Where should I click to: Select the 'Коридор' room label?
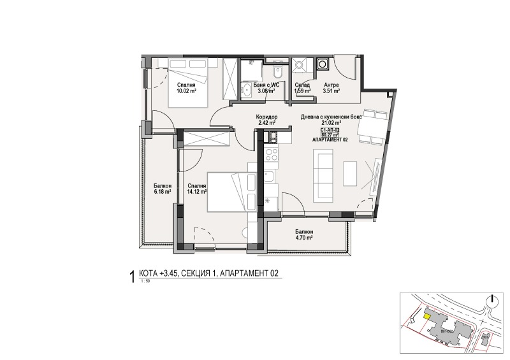[x=265, y=117]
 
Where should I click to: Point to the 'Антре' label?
[x=331, y=85]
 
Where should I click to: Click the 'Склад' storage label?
[x=302, y=85]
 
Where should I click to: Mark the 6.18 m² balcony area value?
[x=162, y=191]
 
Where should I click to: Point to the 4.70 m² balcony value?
[x=304, y=238]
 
